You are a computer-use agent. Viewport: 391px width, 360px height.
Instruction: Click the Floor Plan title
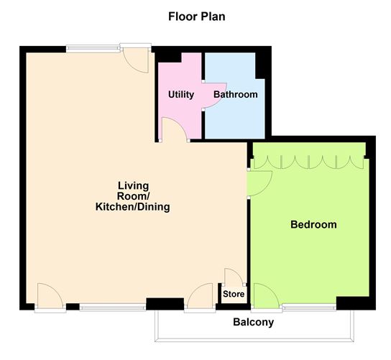[195, 15]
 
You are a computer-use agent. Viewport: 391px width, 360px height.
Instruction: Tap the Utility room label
[180, 95]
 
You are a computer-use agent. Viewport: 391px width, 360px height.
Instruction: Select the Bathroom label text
[234, 95]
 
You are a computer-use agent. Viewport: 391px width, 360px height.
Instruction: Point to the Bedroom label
[313, 225]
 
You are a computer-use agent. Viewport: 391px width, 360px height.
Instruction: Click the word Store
[234, 295]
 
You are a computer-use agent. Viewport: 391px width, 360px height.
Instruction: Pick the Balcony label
[253, 323]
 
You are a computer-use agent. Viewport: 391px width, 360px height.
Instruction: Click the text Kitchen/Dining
[132, 208]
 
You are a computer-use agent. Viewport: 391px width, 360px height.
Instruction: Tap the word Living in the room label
[132, 185]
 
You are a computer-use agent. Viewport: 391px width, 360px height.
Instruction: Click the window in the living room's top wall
[93, 49]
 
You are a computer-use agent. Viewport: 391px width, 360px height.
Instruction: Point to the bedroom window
[308, 308]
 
